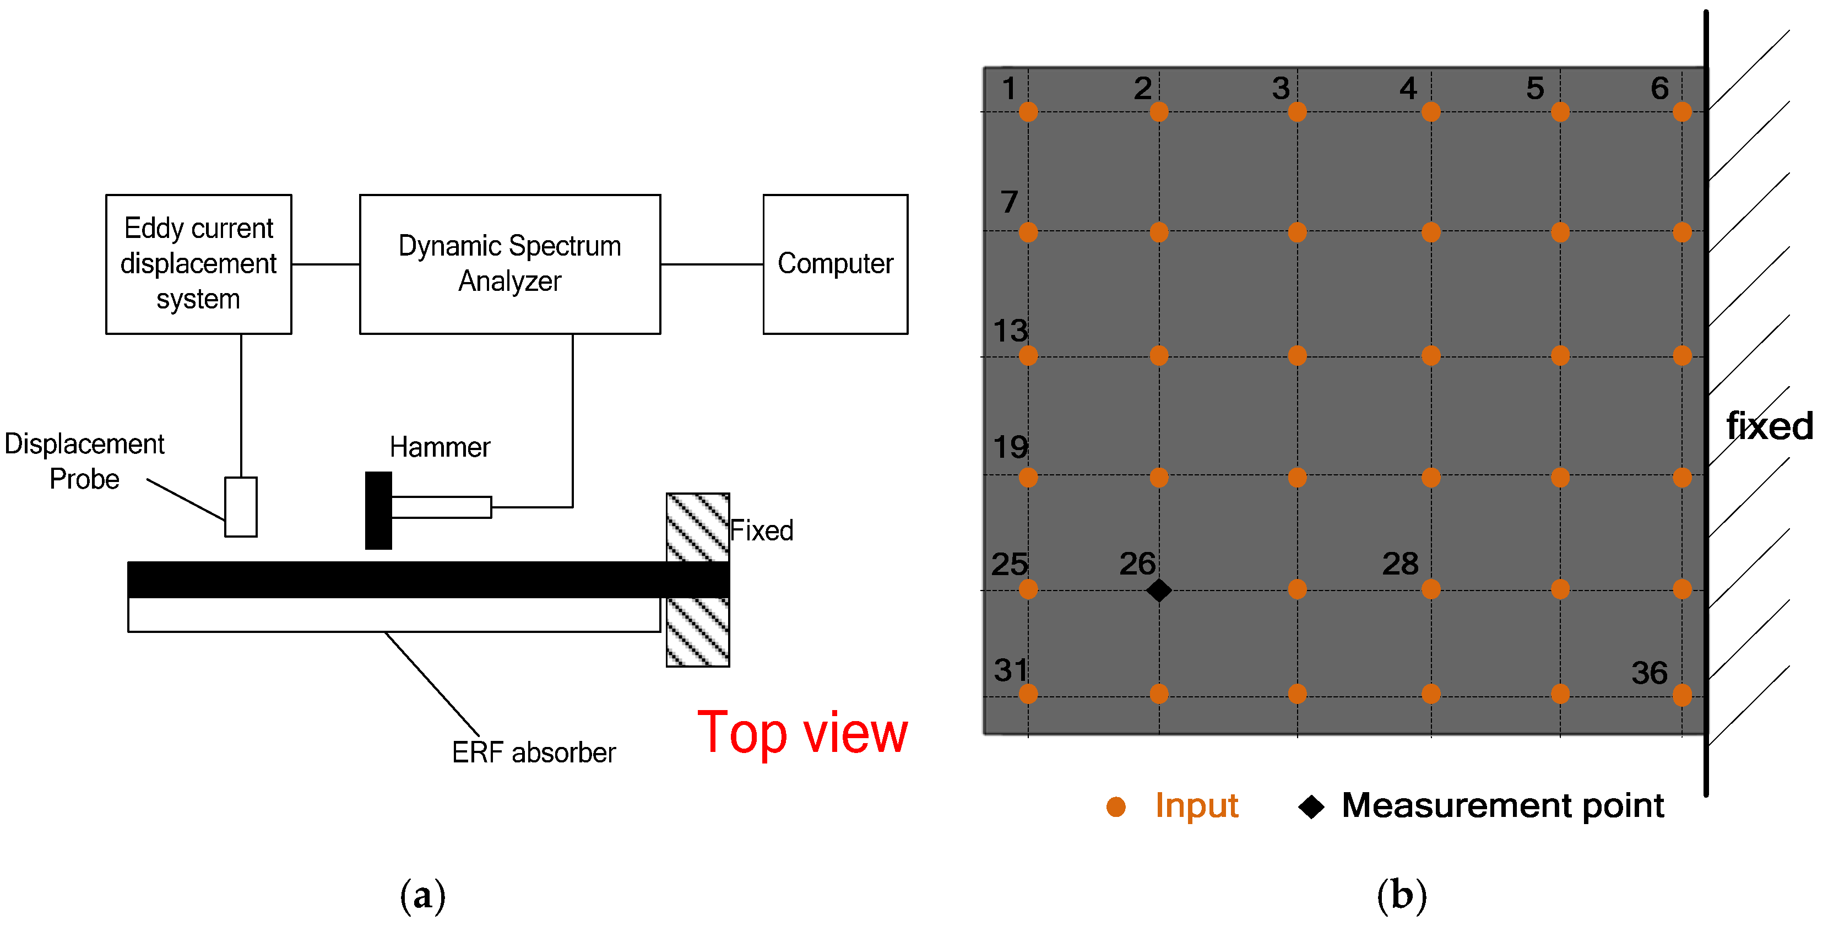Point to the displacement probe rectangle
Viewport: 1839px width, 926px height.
click(x=241, y=506)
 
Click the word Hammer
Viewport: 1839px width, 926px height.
click(x=440, y=448)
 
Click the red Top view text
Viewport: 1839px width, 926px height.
click(x=802, y=733)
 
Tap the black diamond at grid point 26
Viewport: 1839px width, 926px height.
click(x=1159, y=591)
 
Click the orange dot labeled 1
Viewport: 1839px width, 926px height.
click(x=1028, y=111)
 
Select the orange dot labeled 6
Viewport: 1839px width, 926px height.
click(x=1682, y=111)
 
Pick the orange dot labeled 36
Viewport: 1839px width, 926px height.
click(x=1682, y=694)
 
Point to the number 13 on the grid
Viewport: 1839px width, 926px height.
click(x=1010, y=331)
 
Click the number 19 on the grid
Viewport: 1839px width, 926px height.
click(x=1010, y=448)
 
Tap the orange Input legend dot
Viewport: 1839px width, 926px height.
click(x=1116, y=807)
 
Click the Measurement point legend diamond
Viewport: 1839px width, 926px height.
click(x=1311, y=807)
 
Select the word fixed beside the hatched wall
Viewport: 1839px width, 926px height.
click(x=1769, y=426)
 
